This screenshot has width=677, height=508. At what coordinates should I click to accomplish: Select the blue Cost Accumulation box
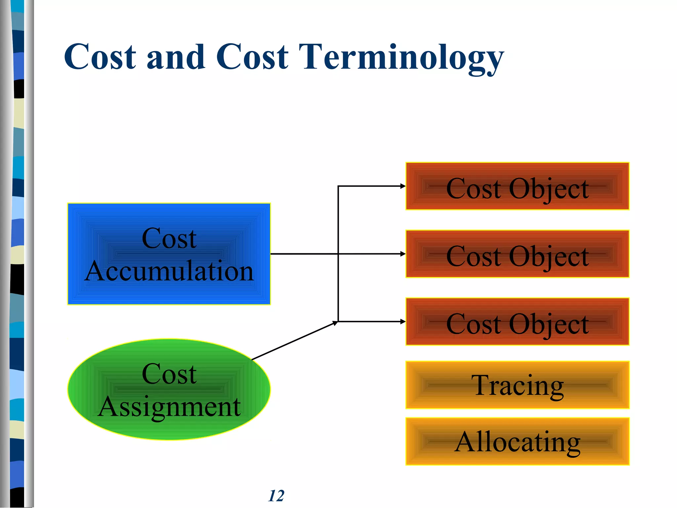(169, 254)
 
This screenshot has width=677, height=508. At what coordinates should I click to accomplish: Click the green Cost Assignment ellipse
(169, 389)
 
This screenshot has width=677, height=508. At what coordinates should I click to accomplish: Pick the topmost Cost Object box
(517, 186)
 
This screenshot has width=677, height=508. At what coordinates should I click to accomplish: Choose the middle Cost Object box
(517, 254)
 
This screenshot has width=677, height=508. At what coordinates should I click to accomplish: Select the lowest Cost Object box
(517, 321)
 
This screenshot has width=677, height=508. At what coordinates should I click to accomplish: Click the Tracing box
(517, 385)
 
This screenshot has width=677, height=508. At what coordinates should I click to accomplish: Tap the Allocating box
(517, 442)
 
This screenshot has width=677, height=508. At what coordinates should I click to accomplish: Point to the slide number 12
(276, 496)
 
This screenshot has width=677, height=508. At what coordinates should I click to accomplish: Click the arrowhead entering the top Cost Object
(403, 186)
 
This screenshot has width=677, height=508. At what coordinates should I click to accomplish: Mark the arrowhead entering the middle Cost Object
(403, 254)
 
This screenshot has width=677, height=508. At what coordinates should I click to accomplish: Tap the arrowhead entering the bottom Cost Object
(403, 321)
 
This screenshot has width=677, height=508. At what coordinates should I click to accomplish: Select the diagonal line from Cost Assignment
(294, 341)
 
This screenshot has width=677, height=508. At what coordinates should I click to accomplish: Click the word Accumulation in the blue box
(169, 271)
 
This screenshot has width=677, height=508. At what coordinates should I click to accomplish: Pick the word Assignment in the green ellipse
(169, 407)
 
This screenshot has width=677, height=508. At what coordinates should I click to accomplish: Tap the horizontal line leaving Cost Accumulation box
(304, 254)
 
